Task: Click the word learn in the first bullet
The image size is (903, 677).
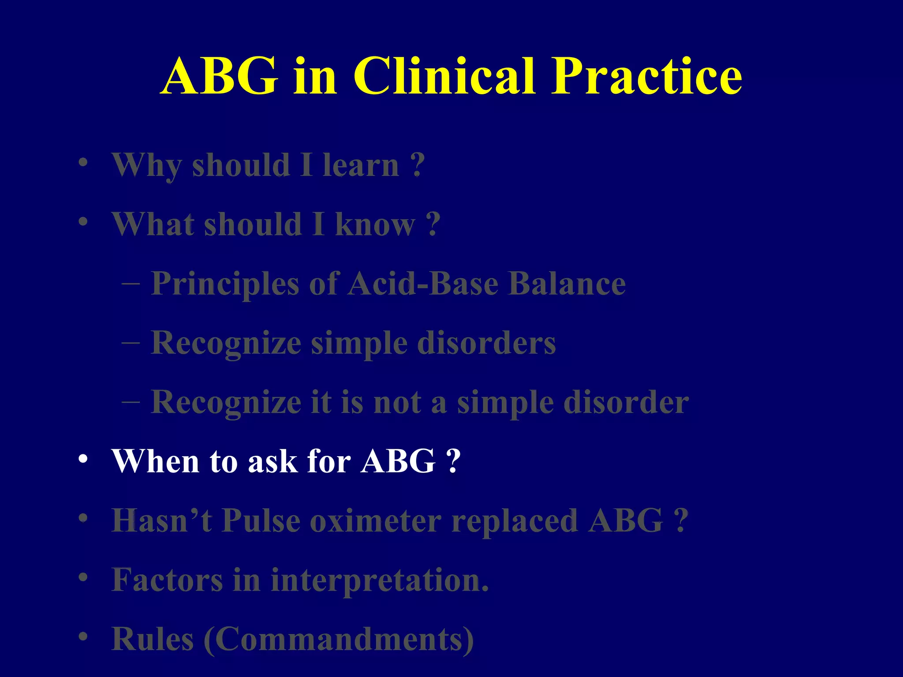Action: [x=361, y=165]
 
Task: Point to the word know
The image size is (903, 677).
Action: [x=375, y=224]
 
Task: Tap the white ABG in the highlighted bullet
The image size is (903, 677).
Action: [x=398, y=461]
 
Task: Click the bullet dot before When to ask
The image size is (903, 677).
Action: [x=83, y=460]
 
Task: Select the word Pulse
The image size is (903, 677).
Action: [x=261, y=521]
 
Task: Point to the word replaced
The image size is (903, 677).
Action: [x=515, y=521]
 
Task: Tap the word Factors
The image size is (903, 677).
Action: [x=167, y=580]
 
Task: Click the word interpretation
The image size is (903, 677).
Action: [x=379, y=581]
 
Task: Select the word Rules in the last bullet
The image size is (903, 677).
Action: [x=153, y=639]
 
